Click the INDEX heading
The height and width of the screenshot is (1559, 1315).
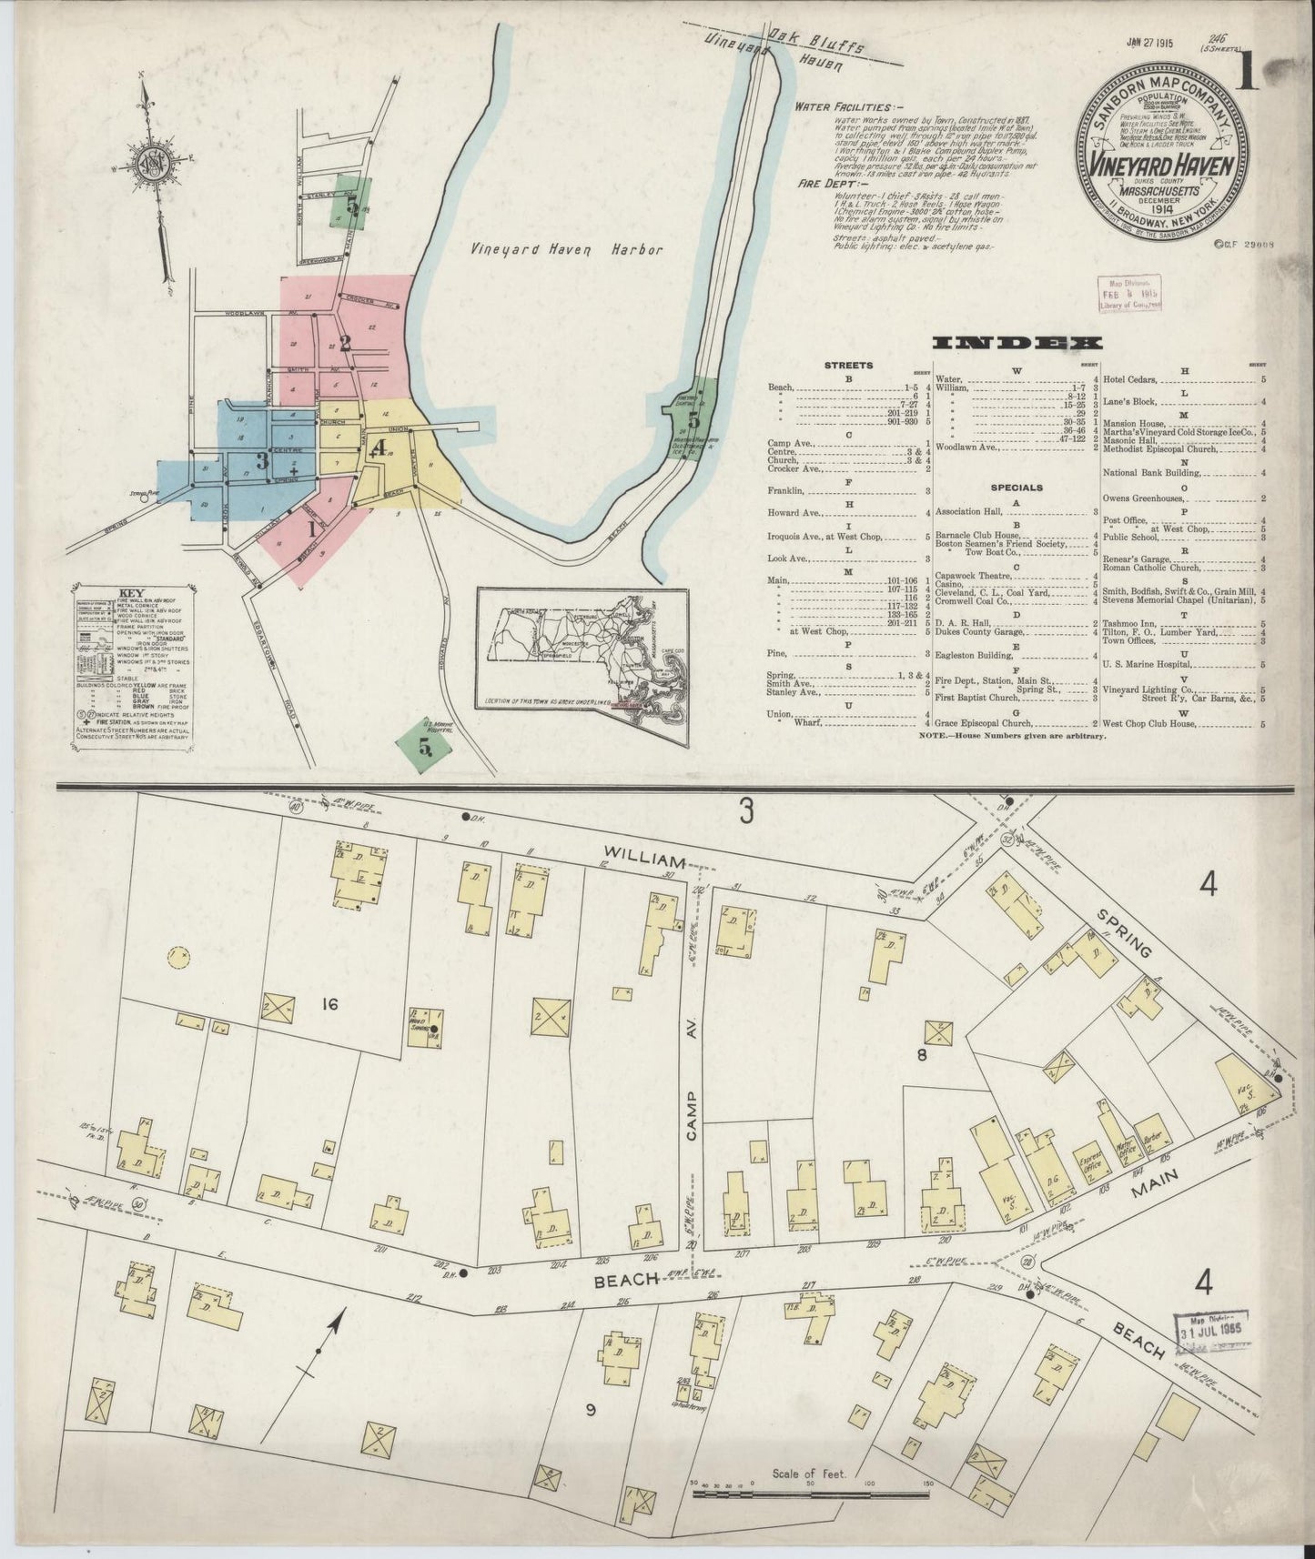[1018, 343]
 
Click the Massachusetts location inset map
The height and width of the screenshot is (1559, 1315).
[583, 668]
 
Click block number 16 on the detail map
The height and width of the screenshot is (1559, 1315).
[329, 1004]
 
